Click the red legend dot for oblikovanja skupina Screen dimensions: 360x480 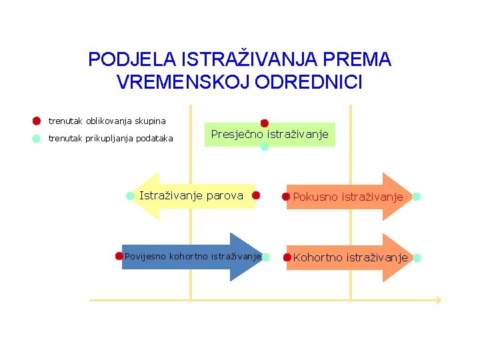coord(37,121)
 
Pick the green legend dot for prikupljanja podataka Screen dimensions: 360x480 coord(37,139)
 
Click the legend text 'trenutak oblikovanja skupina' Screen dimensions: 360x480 coord(107,121)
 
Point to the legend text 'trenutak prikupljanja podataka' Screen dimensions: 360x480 coord(111,139)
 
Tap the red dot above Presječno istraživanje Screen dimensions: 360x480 coord(264,123)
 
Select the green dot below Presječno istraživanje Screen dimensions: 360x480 coord(264,147)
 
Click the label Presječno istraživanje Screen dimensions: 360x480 coord(269,135)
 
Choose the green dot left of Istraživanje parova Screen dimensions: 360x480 coord(130,195)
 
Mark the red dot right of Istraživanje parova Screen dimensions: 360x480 coord(255,196)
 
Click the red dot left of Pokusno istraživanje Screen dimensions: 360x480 coord(286,197)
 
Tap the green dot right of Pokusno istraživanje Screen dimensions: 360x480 coord(416,197)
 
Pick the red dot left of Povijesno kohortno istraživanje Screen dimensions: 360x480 coord(119,255)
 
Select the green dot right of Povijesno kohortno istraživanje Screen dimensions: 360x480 coord(265,257)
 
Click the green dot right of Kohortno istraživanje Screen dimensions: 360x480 coord(417,257)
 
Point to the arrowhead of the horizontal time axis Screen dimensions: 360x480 coord(439,300)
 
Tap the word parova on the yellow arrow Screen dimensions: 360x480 coord(225,196)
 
